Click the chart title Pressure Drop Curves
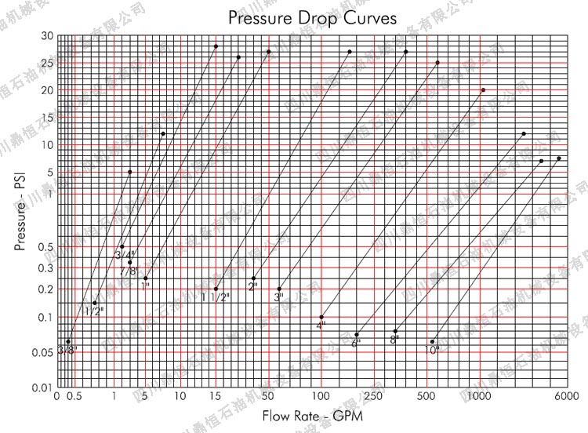[x=312, y=17]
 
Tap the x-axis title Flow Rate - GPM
[x=313, y=416]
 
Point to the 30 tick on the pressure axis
[x=48, y=36]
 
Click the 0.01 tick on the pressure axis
[x=45, y=388]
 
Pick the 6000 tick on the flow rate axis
[x=567, y=397]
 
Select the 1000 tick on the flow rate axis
[x=480, y=397]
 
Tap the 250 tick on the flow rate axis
[x=373, y=397]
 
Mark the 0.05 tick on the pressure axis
[x=45, y=353]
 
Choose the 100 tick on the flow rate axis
[x=321, y=397]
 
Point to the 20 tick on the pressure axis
[x=48, y=91]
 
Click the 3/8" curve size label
[x=67, y=350]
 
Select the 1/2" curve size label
[x=94, y=311]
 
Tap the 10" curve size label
[x=431, y=350]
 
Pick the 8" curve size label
[x=394, y=340]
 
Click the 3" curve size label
[x=279, y=297]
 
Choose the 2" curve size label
[x=252, y=286]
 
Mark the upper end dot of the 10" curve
[x=559, y=158]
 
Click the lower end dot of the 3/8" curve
[x=68, y=341]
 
